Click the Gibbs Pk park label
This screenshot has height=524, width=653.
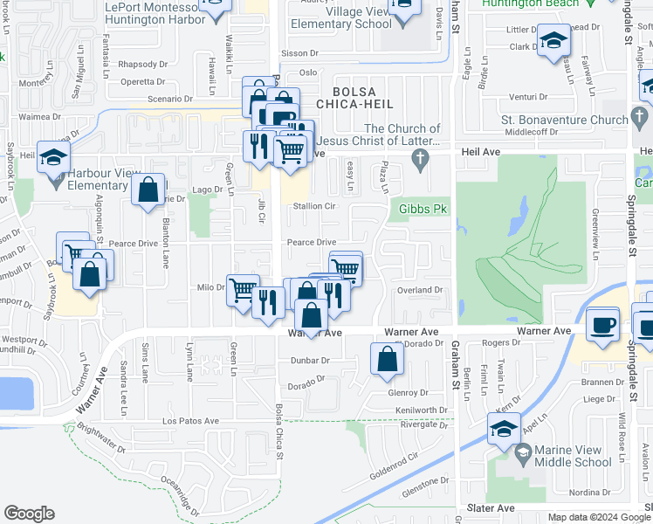tap(423, 209)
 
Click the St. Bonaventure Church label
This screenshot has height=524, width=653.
tap(565, 120)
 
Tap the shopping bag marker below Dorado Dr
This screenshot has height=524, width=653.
tap(387, 359)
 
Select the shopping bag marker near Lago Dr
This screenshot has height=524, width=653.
tap(148, 189)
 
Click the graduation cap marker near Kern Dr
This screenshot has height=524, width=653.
tap(504, 429)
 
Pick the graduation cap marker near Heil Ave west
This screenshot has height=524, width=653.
tap(53, 157)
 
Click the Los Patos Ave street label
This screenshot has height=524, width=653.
tap(190, 421)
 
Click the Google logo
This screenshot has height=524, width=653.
tap(30, 514)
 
